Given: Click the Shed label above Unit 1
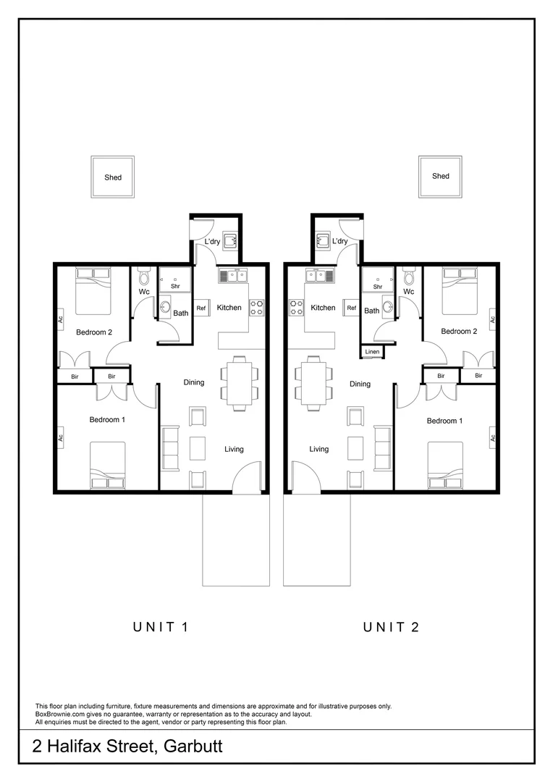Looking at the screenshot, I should tap(112, 177).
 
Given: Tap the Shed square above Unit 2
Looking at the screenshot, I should tap(440, 176).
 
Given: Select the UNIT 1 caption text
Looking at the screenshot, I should tap(161, 627).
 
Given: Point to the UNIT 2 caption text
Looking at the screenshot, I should tap(392, 627).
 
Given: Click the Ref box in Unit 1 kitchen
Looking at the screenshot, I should tap(201, 308).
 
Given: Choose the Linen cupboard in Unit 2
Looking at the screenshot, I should tap(372, 352).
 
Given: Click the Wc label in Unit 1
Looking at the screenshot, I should tap(143, 292).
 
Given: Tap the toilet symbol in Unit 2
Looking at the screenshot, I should tap(409, 277).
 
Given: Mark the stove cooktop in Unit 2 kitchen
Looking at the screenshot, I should tap(295, 308).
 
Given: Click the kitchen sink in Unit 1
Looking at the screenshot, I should tap(233, 275).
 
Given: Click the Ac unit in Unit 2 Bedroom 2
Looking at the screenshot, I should tap(492, 319).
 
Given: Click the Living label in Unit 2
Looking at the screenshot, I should tap(318, 449).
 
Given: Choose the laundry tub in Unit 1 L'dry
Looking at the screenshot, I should tap(230, 241).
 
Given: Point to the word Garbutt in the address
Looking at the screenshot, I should tap(193, 747).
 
